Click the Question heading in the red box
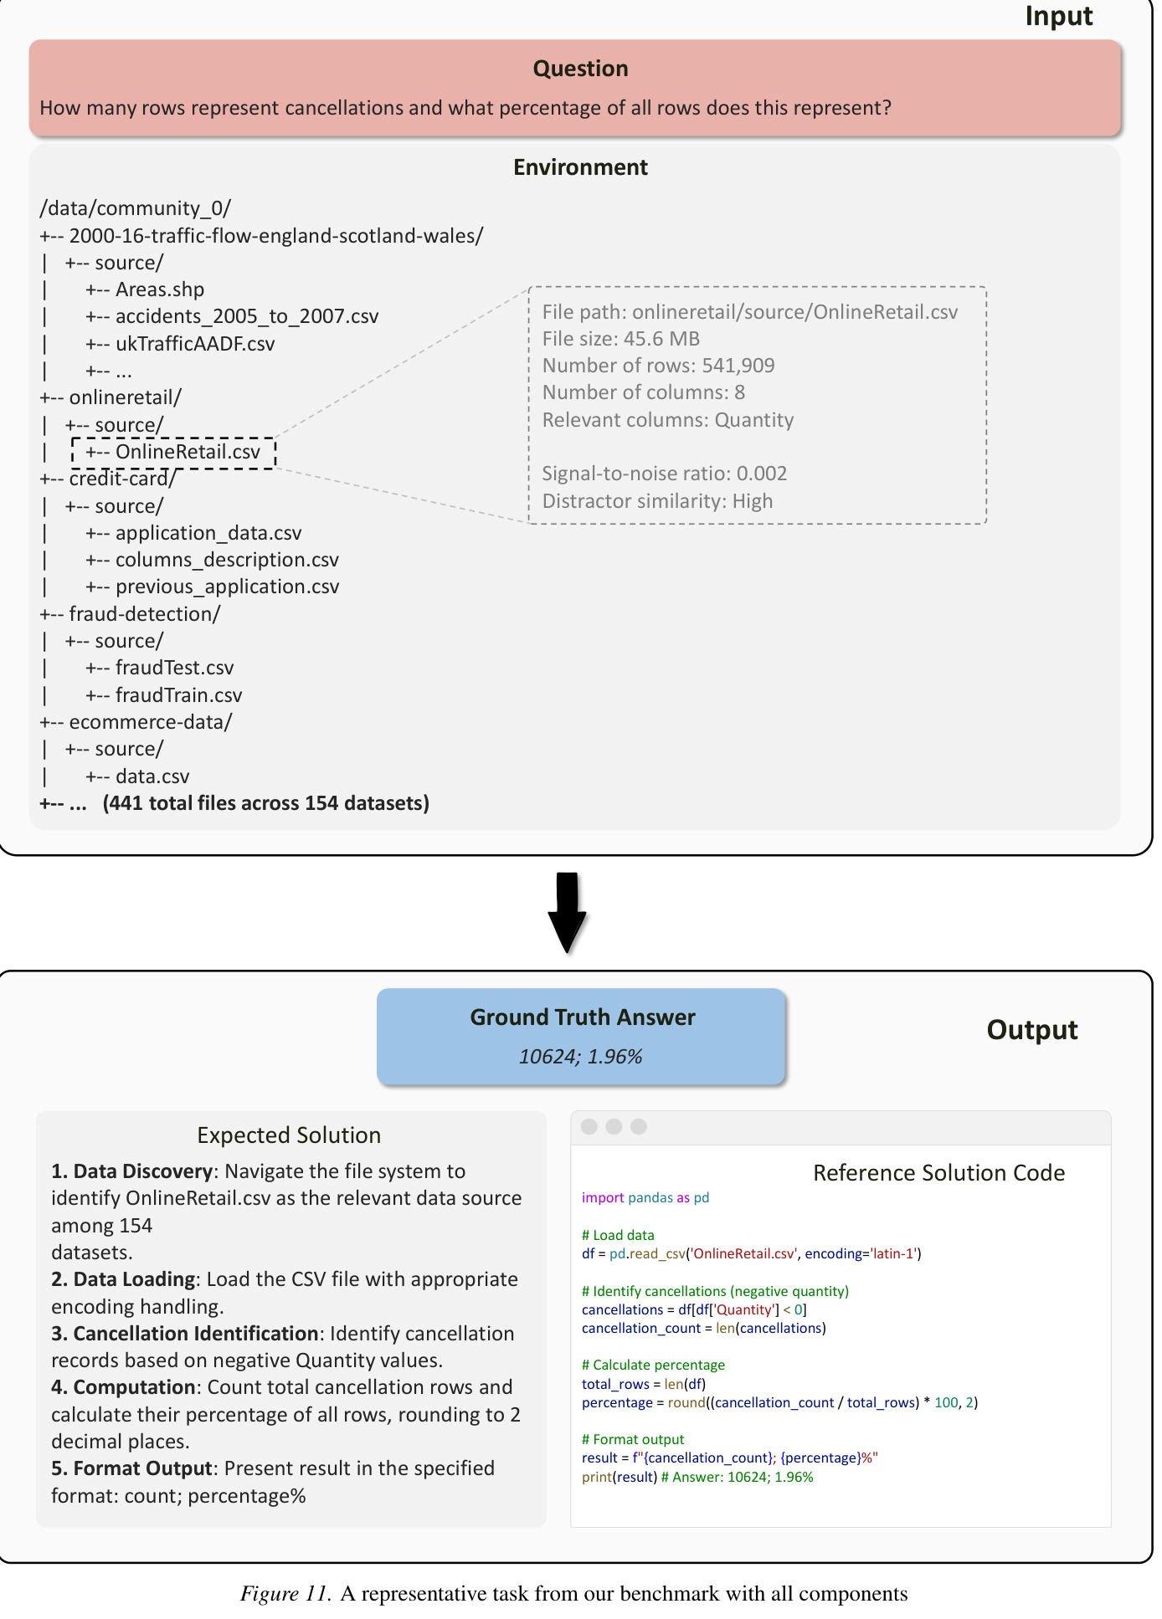click(x=580, y=69)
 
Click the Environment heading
click(x=580, y=167)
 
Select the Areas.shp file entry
click(x=160, y=289)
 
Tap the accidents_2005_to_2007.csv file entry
click(x=247, y=316)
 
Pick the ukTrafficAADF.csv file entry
click(x=195, y=344)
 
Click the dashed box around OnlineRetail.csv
click(x=173, y=438)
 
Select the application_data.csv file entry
click(x=208, y=533)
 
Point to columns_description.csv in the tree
click(x=228, y=560)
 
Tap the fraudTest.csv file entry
click(x=175, y=668)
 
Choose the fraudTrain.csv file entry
click(x=179, y=695)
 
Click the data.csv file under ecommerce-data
click(x=152, y=776)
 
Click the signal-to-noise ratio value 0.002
click(x=762, y=474)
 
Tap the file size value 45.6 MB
click(x=661, y=339)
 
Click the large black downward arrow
click(x=567, y=912)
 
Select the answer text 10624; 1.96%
click(x=580, y=1057)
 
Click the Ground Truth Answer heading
click(x=583, y=1017)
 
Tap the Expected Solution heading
click(x=289, y=1135)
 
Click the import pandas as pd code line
click(x=645, y=1197)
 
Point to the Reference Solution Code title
click(x=938, y=1173)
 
